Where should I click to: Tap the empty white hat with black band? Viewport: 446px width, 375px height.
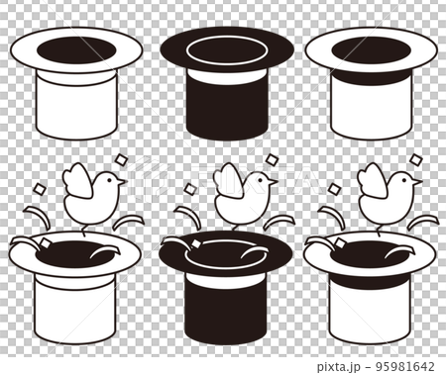(371, 104)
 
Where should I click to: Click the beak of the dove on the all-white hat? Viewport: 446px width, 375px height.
(123, 183)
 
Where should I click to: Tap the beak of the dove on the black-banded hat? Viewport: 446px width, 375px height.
(418, 182)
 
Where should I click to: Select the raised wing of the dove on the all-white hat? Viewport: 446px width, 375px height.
(76, 181)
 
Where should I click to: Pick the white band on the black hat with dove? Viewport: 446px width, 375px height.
(226, 280)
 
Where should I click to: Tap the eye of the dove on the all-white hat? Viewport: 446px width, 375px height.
(111, 179)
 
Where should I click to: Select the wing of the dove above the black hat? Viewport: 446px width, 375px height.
(229, 181)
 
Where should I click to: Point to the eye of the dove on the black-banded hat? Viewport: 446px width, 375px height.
(406, 178)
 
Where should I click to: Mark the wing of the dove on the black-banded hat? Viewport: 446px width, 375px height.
(373, 181)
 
